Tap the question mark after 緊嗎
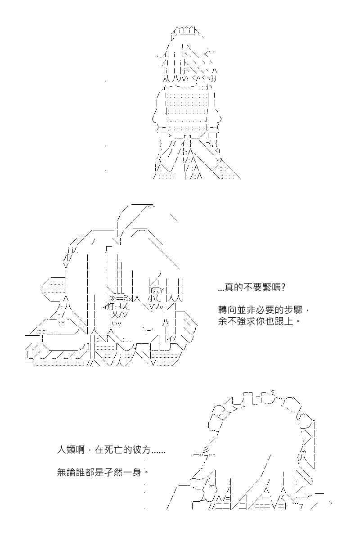[x=283, y=288]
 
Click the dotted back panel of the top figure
[x=188, y=110]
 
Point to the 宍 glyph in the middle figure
[x=156, y=289]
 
